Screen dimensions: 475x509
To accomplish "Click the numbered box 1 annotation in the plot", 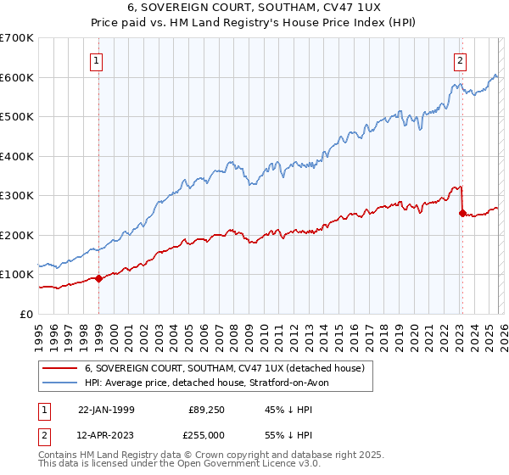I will pyautogui.click(x=98, y=60).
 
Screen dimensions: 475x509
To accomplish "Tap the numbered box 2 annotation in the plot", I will pyautogui.click(x=460, y=60).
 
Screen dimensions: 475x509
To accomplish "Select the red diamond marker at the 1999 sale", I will pyautogui.click(x=99, y=278).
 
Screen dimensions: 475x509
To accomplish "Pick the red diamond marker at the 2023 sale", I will pyautogui.click(x=462, y=214).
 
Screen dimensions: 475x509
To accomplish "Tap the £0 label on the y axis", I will pyautogui.click(x=25, y=314).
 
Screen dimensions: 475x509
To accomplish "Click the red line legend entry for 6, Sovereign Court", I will pyautogui.click(x=224, y=368).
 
